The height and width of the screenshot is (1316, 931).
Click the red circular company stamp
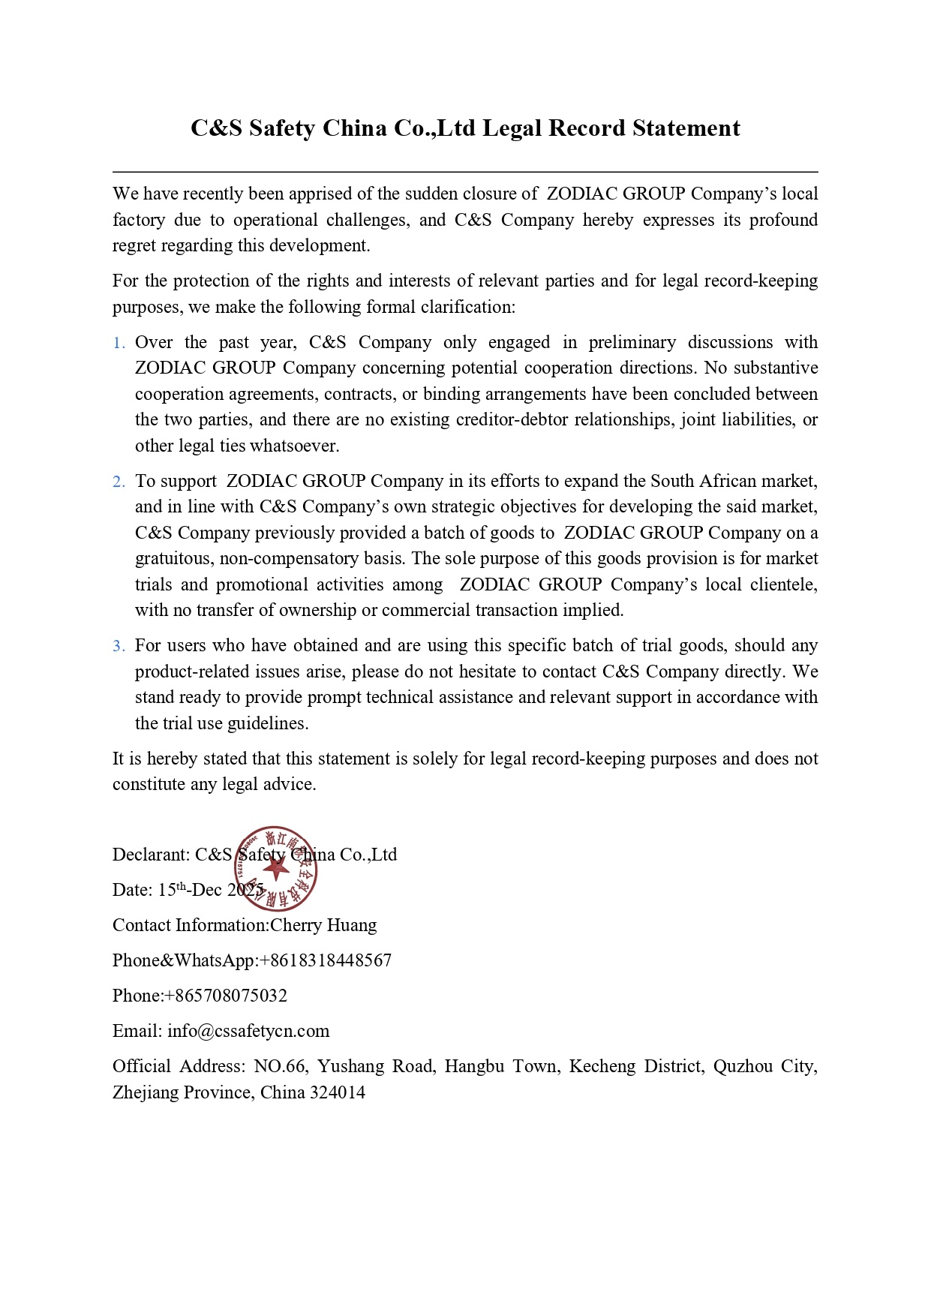coord(277,869)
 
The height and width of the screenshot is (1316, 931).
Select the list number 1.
coord(119,343)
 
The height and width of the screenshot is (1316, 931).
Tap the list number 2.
coord(119,482)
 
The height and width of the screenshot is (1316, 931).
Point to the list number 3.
coord(119,646)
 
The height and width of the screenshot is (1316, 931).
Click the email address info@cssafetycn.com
coord(248,1031)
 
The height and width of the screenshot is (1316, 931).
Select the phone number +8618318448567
coord(325,960)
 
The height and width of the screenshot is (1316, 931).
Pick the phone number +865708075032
coord(225,996)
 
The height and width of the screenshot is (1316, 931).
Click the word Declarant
coord(151,855)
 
